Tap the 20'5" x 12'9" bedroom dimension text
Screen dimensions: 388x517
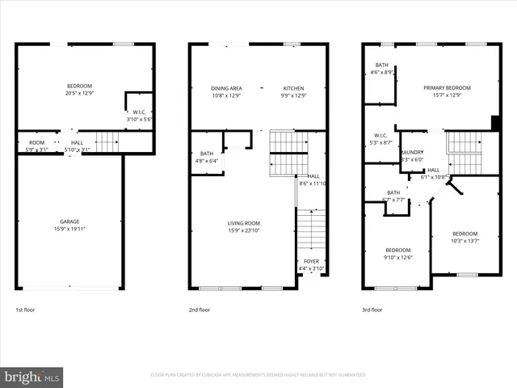tap(79, 93)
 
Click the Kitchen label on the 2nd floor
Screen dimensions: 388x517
tap(293, 88)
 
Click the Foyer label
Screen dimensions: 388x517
tap(310, 261)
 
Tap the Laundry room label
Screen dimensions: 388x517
tap(412, 152)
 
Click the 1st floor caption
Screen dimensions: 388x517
tap(25, 309)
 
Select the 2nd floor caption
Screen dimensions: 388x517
tap(200, 309)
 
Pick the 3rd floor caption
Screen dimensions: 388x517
tap(372, 309)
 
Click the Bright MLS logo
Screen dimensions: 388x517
tap(32, 377)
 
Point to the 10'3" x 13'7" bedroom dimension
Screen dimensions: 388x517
tap(464, 240)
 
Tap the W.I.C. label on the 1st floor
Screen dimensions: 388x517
tap(139, 112)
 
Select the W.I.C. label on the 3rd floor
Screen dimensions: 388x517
tap(381, 135)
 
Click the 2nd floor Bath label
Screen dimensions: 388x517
tap(207, 154)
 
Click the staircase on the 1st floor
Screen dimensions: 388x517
tap(107, 142)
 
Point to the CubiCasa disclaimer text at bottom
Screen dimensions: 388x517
tap(258, 375)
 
